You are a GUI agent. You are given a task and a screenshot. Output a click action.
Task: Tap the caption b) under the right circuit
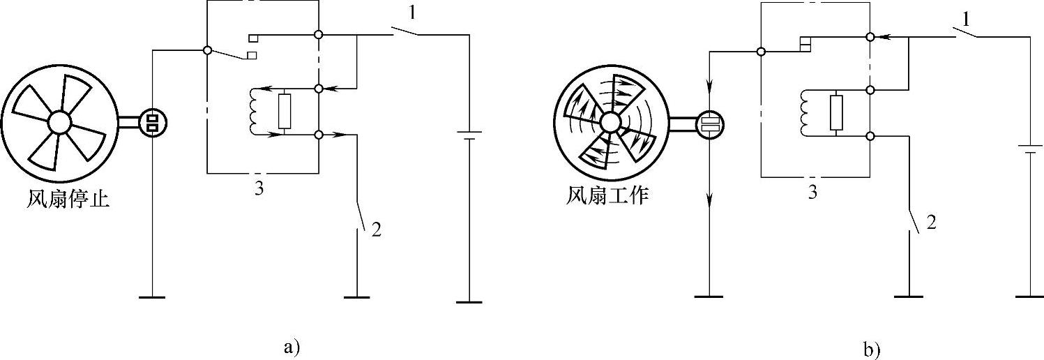[872, 350]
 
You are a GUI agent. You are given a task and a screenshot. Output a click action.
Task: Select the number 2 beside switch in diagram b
[929, 223]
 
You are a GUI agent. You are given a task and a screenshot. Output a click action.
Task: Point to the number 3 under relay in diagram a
[258, 189]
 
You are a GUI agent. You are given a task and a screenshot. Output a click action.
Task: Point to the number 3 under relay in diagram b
[812, 192]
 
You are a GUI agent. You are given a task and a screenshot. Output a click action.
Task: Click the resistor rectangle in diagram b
[837, 113]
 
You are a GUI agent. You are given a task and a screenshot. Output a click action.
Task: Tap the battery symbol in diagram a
[469, 135]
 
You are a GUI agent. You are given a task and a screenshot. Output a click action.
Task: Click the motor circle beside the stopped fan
[153, 123]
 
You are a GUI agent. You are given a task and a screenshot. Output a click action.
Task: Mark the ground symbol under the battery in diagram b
[1029, 296]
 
